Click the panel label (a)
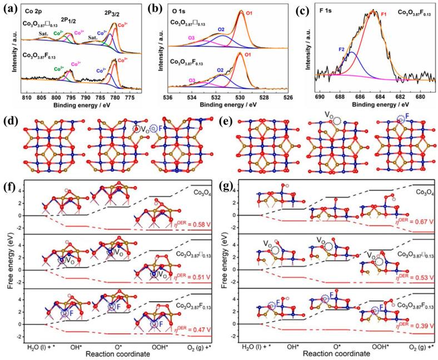tap(9, 7)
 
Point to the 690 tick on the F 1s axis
tap(319, 97)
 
